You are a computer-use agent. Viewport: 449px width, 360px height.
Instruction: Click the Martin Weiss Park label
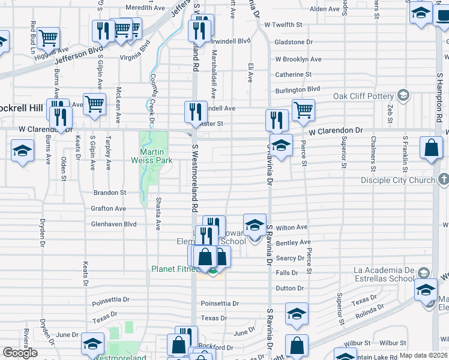coord(151,155)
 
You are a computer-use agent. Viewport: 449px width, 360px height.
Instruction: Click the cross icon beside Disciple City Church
coord(443,179)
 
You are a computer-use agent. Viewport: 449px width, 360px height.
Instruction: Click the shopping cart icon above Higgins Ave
coord(48,38)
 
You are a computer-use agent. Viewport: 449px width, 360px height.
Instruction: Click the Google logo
coord(20,353)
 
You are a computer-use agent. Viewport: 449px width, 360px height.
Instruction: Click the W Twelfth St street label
coord(283,25)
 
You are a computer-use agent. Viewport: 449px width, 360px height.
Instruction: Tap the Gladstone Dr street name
coord(294,42)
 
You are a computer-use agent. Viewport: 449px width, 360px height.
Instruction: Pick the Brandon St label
coord(109,193)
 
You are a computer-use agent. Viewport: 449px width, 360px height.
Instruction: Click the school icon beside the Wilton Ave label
coord(255,224)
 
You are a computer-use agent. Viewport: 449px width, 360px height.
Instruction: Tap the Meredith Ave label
coord(145,8)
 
